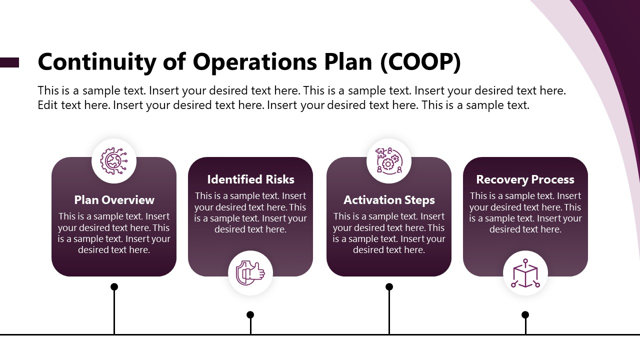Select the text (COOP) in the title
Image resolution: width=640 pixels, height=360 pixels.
420,62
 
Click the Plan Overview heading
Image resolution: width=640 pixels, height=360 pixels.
114,200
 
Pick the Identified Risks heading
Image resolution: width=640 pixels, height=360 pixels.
250,179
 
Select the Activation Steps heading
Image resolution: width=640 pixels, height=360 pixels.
389,200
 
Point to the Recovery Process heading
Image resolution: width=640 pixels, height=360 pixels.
525,179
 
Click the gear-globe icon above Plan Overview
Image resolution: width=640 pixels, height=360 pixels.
114,160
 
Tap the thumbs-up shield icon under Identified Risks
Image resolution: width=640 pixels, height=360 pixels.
250,273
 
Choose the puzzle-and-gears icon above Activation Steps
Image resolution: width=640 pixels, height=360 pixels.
389,160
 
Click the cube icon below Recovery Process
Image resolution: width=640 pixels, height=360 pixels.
525,273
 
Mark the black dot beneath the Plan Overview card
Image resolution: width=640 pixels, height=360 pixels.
114,286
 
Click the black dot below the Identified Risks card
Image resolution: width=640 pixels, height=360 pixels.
250,314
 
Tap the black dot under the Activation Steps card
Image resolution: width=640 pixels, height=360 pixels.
389,286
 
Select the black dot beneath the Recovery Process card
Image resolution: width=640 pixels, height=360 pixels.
525,314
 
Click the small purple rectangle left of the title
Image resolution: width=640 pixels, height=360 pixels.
9,62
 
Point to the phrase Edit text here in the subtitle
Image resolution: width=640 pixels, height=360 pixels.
73,105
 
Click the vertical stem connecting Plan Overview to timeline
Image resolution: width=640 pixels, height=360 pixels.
114,312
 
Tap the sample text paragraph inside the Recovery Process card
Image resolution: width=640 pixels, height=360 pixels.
525,212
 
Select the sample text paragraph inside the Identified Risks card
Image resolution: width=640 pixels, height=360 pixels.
250,212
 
